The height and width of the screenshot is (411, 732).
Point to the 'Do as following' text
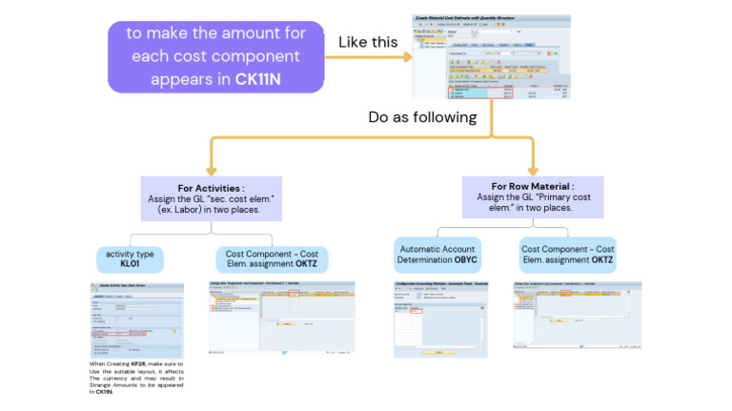click(422, 117)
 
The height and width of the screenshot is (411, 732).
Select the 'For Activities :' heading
click(211, 189)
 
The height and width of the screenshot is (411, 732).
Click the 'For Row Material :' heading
click(533, 185)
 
